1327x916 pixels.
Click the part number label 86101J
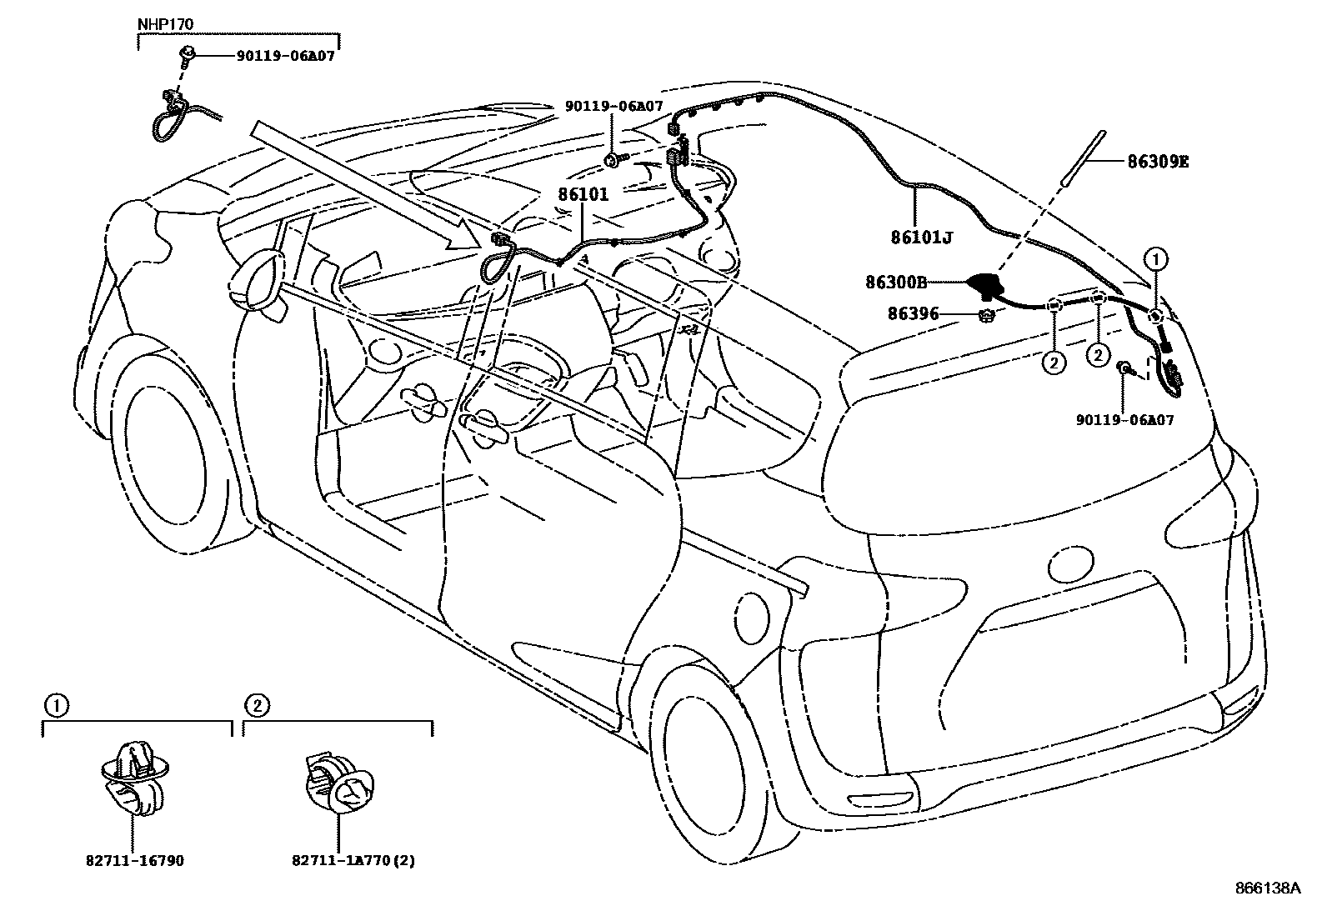point(921,238)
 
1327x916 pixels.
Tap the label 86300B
point(896,283)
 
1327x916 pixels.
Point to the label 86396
point(914,314)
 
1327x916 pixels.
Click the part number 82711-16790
point(136,860)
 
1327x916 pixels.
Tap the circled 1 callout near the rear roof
point(1156,259)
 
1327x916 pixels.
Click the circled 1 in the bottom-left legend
point(55,706)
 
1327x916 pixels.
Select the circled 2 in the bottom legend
point(256,706)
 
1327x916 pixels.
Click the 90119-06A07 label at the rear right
point(1124,420)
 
